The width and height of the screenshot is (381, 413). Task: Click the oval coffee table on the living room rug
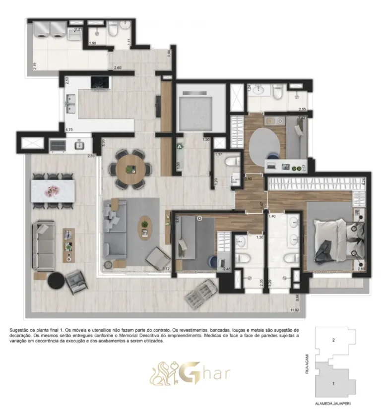tap(144, 227)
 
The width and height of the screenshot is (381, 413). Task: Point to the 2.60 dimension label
tap(118, 68)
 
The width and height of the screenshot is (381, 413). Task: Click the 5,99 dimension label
tap(103, 142)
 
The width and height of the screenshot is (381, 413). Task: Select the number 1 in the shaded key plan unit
tap(334, 383)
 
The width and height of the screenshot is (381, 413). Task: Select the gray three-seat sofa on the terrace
tap(43, 246)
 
